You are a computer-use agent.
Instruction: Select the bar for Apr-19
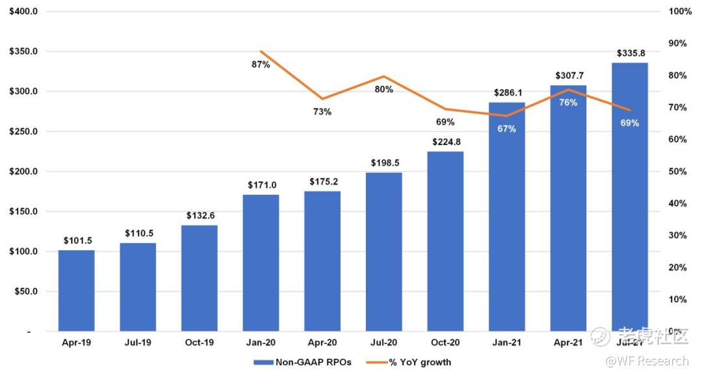76,291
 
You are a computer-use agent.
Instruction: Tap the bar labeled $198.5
383,252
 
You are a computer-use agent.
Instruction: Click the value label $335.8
629,53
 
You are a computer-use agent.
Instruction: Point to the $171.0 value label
261,185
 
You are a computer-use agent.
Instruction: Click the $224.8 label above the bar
445,142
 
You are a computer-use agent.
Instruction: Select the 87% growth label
261,64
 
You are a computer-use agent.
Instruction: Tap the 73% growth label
322,112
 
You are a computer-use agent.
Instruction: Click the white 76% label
567,103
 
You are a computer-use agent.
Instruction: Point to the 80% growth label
383,90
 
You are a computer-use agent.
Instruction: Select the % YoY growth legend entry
416,362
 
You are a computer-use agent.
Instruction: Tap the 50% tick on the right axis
679,172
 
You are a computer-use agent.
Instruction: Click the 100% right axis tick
679,12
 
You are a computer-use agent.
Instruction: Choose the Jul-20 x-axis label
383,342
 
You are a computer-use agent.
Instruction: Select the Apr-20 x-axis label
322,342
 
